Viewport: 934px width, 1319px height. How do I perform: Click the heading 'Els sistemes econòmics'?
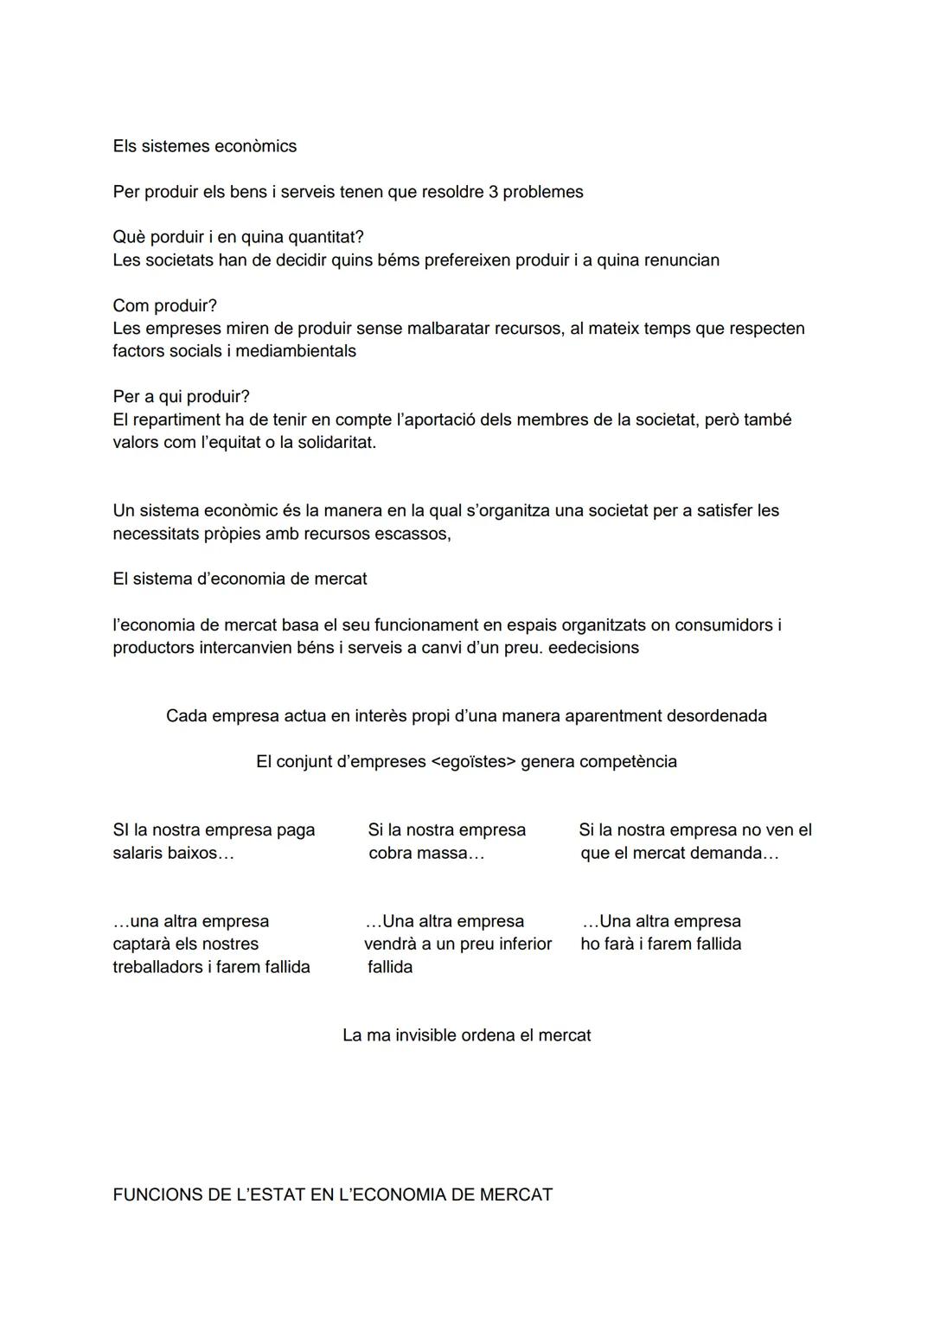tap(204, 146)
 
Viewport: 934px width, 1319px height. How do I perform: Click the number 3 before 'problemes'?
tap(493, 192)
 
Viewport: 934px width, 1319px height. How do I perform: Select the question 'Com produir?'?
tap(164, 305)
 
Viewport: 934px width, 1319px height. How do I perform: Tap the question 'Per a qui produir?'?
tap(181, 397)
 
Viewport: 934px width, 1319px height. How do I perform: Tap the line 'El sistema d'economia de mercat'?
tap(240, 579)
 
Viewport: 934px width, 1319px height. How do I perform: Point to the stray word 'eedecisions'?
tap(593, 648)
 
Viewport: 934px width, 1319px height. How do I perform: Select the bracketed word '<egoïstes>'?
tap(473, 762)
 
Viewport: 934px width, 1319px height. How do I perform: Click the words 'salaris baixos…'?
tap(173, 853)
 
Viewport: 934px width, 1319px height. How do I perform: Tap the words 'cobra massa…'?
tap(426, 853)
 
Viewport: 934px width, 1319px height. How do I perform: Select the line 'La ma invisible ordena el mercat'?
tap(466, 1035)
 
